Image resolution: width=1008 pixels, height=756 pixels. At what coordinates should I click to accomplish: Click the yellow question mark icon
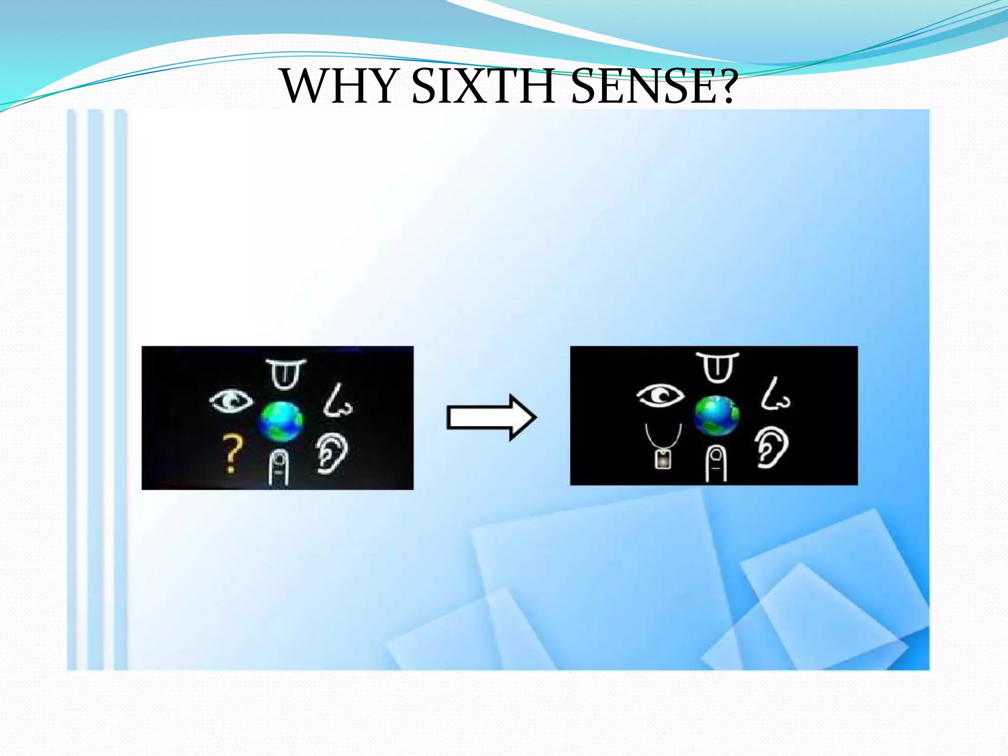tap(232, 453)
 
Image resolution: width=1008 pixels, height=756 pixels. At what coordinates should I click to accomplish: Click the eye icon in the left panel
tap(231, 400)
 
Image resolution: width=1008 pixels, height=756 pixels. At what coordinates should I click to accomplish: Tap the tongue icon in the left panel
tap(285, 374)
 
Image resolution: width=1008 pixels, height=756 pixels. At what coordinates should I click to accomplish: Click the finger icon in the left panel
tap(279, 467)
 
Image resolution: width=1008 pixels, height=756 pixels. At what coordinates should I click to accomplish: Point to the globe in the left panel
tap(282, 421)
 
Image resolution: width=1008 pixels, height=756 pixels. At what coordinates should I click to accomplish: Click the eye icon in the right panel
tap(660, 395)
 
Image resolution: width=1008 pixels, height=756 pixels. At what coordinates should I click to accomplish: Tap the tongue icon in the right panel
tap(717, 367)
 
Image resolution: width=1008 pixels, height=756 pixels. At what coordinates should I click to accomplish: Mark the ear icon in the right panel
tap(772, 447)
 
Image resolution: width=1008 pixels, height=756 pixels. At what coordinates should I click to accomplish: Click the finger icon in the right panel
tap(716, 463)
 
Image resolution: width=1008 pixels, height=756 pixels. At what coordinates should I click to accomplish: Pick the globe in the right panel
tap(716, 416)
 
